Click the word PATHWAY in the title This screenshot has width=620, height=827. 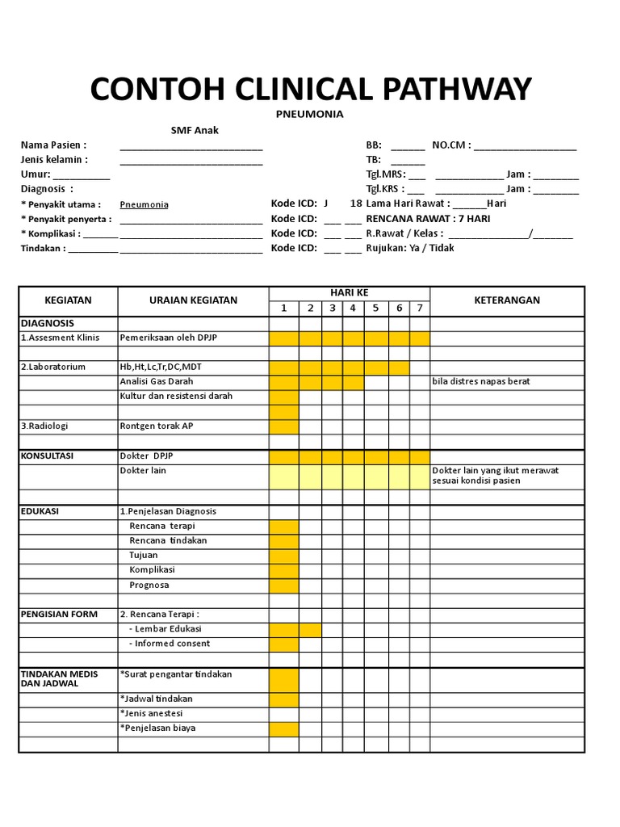point(455,89)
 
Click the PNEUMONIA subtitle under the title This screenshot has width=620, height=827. point(310,114)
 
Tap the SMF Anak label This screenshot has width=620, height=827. point(195,130)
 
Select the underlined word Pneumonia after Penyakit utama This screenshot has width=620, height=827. point(145,205)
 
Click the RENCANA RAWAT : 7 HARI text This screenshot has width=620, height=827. point(428,219)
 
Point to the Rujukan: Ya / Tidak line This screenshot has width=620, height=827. point(410,248)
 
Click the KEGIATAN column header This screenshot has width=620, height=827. point(68,300)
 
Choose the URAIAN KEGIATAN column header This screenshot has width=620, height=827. point(193,300)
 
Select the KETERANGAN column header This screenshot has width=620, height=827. point(506,300)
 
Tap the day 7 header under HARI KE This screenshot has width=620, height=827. point(420,308)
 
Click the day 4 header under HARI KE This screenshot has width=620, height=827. point(353,308)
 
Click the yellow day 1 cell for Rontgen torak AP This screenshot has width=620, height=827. point(284,426)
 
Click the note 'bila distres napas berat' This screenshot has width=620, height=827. point(481,381)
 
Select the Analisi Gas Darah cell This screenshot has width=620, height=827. point(157,381)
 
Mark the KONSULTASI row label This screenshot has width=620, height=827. point(47,455)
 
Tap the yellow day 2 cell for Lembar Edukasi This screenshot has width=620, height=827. point(311,629)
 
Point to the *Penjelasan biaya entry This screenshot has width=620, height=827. point(157,728)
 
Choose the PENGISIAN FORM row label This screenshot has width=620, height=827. point(59,614)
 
